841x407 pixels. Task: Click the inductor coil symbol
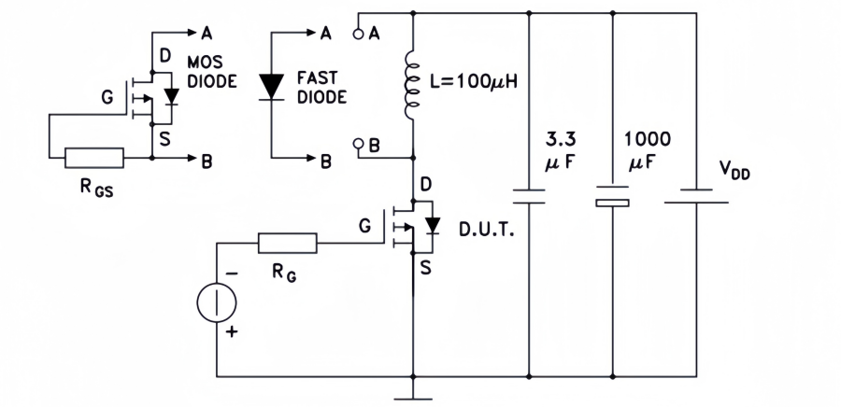412,85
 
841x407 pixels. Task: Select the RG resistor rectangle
287,246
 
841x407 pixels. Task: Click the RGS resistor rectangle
93,158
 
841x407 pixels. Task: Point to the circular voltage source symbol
216,303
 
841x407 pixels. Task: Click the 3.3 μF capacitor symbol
529,197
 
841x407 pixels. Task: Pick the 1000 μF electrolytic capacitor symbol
612,198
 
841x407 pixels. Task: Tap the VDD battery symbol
696,196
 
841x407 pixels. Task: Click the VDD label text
734,170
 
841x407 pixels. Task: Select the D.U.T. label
482,230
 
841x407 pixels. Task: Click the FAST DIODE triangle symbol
271,86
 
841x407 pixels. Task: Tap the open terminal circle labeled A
358,35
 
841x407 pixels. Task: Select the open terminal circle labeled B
358,145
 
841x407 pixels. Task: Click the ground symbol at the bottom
412,392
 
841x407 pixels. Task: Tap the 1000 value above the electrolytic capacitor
647,139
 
